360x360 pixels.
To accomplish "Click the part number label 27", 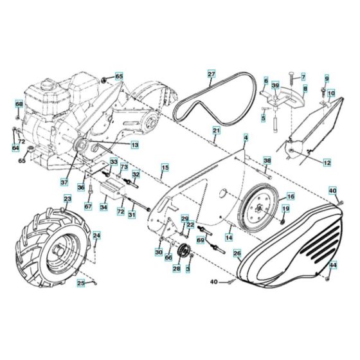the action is [212, 74].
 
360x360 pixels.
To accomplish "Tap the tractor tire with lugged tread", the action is [52, 248].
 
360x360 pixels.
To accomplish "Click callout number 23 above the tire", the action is [67, 199].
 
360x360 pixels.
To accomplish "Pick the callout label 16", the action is [291, 197].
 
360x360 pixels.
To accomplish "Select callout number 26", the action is [237, 253].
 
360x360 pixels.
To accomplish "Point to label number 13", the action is [135, 145].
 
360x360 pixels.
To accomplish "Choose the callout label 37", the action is [64, 182].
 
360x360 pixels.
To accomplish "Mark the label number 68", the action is [19, 104].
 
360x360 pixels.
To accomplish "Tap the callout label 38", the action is [267, 161].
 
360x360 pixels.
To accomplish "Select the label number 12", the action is [327, 163].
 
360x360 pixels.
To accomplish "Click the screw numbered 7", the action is [292, 82].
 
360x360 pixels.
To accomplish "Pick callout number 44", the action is [333, 265].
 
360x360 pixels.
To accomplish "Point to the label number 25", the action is [81, 283].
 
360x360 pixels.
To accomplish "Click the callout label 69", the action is [201, 240].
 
